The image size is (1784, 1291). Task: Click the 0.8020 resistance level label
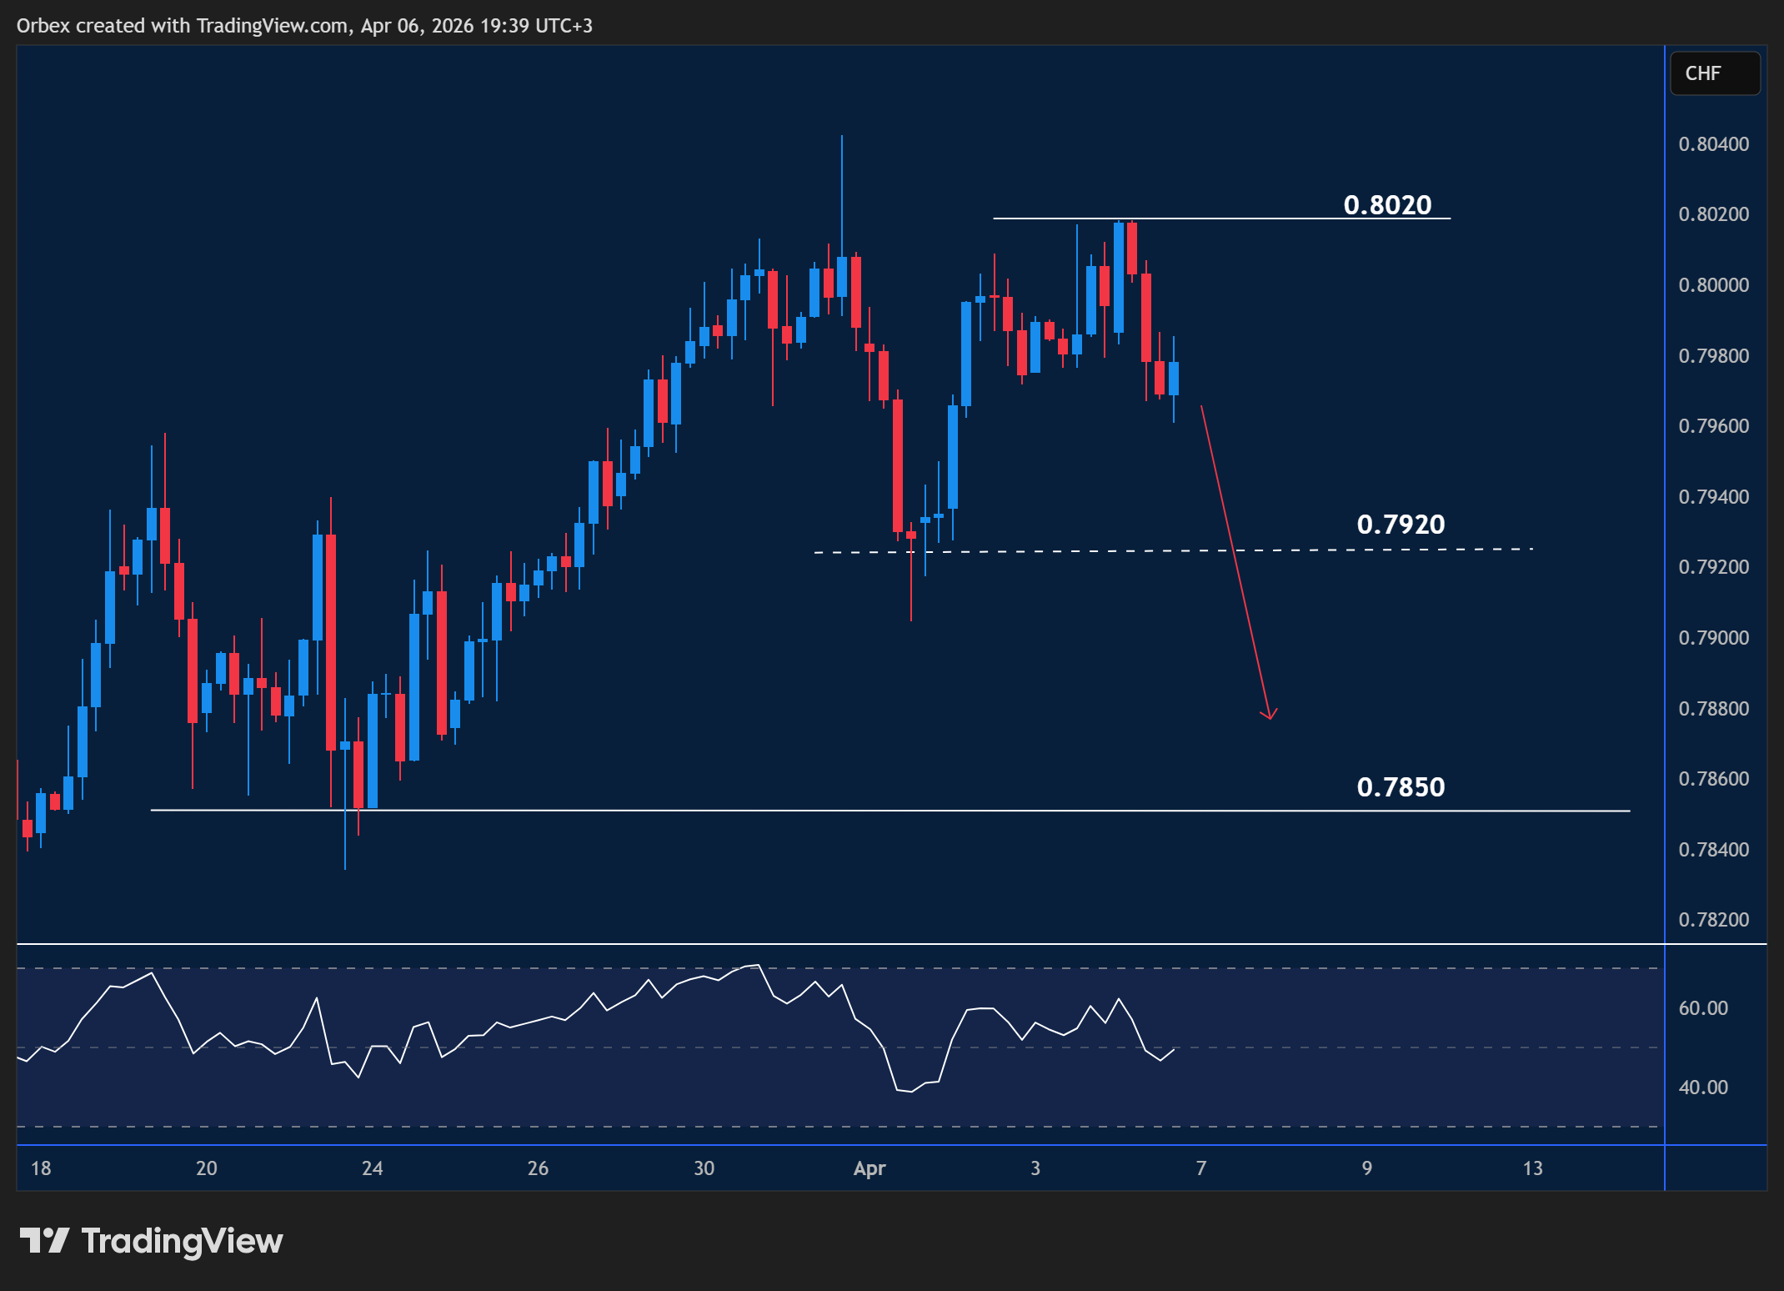coord(1387,204)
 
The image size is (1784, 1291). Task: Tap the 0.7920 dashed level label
coord(1401,524)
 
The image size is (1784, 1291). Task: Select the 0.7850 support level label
coord(1401,786)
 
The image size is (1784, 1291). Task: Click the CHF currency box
coord(1714,73)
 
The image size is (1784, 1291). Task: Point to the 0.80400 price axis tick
coord(1713,144)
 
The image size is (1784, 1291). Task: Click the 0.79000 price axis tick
coord(1713,638)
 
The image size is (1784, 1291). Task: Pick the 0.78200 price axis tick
coord(1713,920)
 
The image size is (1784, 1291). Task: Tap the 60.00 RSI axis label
coord(1703,1008)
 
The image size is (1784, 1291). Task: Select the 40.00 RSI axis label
coord(1703,1088)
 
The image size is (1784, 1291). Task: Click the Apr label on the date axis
coord(869,1168)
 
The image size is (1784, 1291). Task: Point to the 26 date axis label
coord(538,1168)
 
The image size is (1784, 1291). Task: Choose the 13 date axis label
coord(1532,1168)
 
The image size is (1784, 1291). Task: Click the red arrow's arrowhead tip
coord(1270,718)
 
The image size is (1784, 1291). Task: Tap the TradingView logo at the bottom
coord(151,1241)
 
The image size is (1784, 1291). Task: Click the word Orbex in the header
coord(43,26)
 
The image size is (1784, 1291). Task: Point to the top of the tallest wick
coord(842,136)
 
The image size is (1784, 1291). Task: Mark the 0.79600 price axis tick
coord(1713,426)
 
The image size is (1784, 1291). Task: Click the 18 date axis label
coord(41,1168)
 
